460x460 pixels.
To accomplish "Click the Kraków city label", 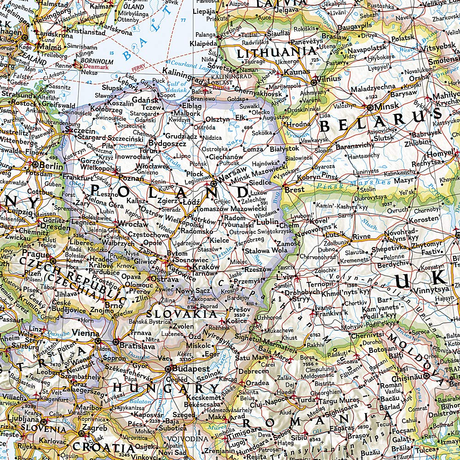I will pyautogui.click(x=206, y=267).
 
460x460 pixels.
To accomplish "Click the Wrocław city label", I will pyautogui.click(x=133, y=224).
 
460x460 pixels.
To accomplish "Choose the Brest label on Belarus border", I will pyautogui.click(x=294, y=190).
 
